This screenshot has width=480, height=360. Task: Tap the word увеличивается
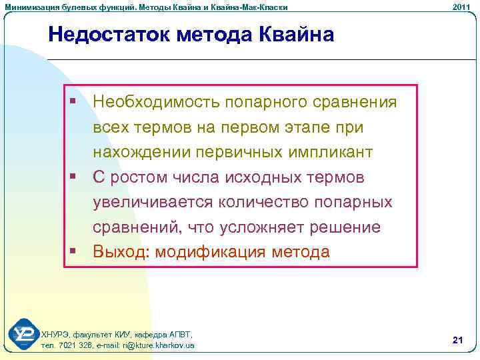pyautogui.click(x=153, y=203)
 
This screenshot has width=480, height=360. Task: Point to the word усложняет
pyautogui.click(x=262, y=228)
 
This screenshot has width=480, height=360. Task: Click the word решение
pyautogui.click(x=347, y=228)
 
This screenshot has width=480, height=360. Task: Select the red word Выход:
pyautogui.click(x=118, y=253)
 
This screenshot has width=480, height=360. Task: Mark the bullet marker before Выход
pyautogui.click(x=72, y=252)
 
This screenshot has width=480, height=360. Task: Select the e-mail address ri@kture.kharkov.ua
pyautogui.click(x=153, y=345)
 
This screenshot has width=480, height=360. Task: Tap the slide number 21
pyautogui.click(x=457, y=341)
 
